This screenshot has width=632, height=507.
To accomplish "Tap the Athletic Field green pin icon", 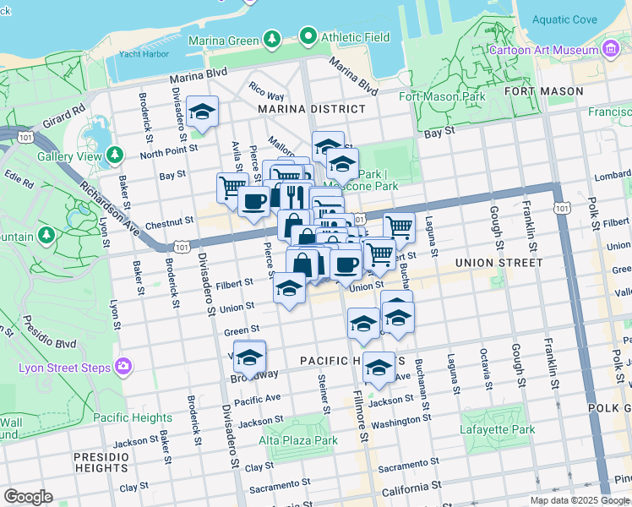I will (308, 37).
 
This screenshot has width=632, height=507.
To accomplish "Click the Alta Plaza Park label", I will (298, 440).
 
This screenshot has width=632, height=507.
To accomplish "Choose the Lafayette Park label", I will (498, 430).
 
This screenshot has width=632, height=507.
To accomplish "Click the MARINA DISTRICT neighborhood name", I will (312, 109).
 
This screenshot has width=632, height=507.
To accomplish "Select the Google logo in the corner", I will (28, 497).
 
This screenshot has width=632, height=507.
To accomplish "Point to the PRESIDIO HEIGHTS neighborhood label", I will (101, 462).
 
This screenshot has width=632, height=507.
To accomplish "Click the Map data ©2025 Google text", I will (580, 499).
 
